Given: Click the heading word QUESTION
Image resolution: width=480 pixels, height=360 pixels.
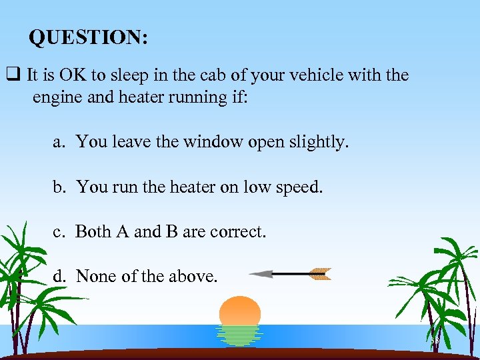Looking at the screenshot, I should pos(88,38).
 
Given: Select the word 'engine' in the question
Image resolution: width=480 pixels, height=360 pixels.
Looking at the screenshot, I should pos(54,97).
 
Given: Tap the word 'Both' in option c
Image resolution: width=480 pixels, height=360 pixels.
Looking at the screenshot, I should pos(93,231).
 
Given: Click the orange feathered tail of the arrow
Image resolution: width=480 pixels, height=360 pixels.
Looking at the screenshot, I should pos(320,273).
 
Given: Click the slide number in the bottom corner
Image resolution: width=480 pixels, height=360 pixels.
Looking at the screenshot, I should pos(435,341).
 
